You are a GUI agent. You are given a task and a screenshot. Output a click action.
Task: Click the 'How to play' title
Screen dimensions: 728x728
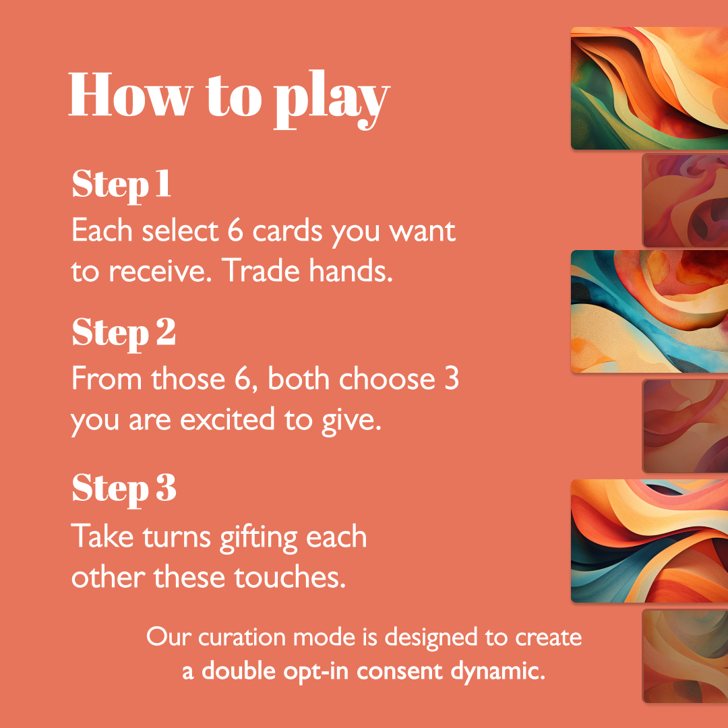pyautogui.click(x=229, y=99)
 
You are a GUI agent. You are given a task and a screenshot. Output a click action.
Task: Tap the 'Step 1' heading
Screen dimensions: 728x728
pyautogui.click(x=121, y=185)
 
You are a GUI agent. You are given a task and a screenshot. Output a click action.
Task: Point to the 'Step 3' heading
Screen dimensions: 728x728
pyautogui.click(x=124, y=489)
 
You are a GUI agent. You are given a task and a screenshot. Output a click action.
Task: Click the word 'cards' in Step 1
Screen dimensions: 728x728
pyautogui.click(x=287, y=231)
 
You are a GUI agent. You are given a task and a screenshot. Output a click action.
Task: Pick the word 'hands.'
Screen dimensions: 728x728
pyautogui.click(x=351, y=271)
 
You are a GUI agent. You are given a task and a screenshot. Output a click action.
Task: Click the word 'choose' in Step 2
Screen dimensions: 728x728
pyautogui.click(x=387, y=379)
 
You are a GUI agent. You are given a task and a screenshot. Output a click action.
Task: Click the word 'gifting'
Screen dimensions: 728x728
pyautogui.click(x=258, y=538)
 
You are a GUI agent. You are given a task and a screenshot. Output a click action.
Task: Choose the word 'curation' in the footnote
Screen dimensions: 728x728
pyautogui.click(x=242, y=637)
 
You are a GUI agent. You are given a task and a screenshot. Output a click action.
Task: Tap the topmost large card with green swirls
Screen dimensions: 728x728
pyautogui.click(x=649, y=88)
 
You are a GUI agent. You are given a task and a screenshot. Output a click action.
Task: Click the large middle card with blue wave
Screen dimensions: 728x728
pyautogui.click(x=649, y=311)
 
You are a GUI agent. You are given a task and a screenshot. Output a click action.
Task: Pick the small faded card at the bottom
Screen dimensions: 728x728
pyautogui.click(x=685, y=656)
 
